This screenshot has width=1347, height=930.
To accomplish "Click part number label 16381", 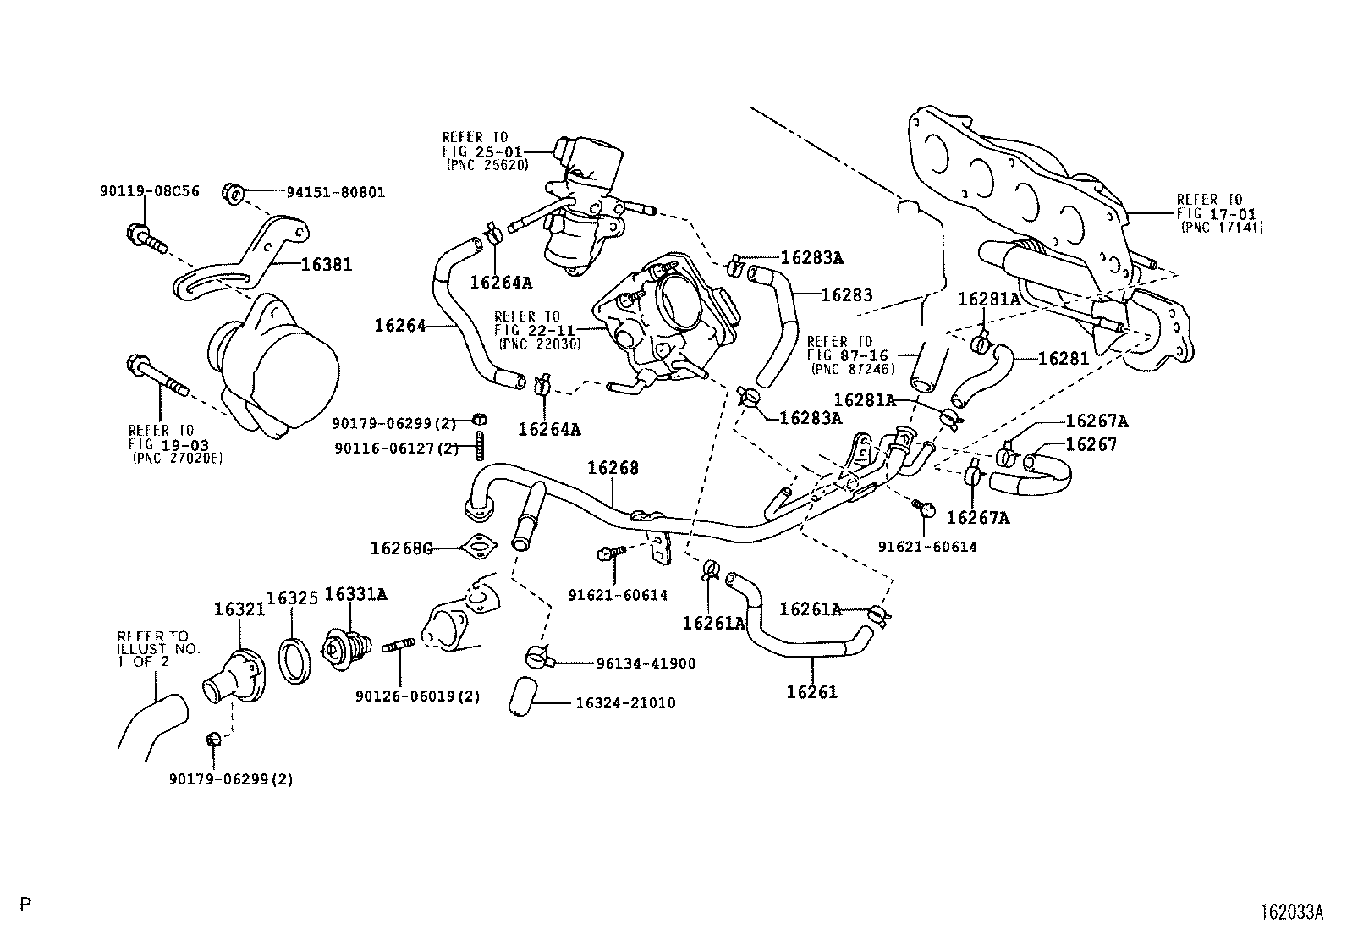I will pos(327,265).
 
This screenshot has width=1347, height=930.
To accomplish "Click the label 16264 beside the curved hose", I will pos(400,324).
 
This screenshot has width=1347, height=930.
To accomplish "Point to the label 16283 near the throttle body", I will pos(847,295).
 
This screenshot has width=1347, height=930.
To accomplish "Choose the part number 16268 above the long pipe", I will pos(614,468).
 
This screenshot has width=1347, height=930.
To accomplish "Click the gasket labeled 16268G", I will pos(480,548).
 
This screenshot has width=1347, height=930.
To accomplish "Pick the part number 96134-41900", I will pos(634,663).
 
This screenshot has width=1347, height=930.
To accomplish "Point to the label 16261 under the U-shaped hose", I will pos(811,692).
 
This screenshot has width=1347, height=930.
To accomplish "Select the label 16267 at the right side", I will pos(1091,444).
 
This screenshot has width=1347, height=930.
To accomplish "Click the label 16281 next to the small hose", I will pos(1063,358).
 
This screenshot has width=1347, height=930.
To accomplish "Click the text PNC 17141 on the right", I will pos(1220,228).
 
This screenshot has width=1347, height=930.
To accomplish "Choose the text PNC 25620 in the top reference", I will pos(487,165).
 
